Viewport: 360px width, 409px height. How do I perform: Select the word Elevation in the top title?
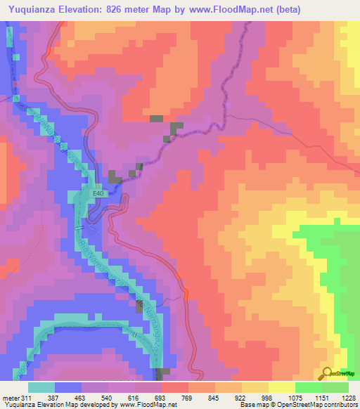tap(91, 9)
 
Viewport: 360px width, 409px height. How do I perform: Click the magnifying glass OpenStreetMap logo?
tap(326, 374)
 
